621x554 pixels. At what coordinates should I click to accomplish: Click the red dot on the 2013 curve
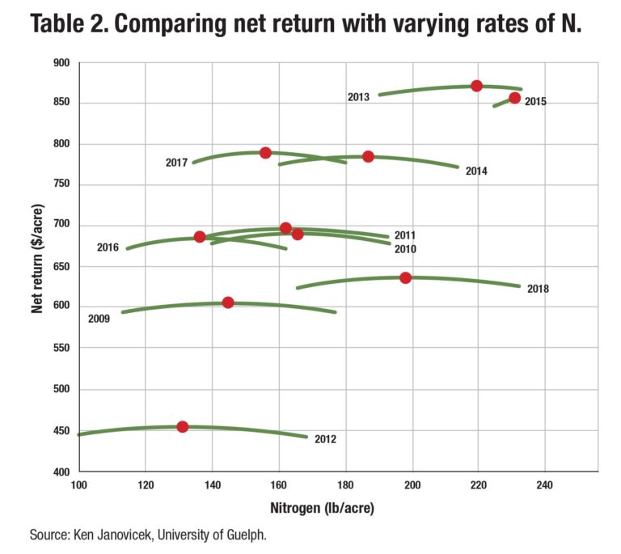click(477, 86)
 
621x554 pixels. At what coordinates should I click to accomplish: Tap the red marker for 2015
click(514, 98)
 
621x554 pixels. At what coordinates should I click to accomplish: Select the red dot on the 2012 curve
click(183, 426)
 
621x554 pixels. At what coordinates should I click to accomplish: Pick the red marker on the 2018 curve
click(406, 277)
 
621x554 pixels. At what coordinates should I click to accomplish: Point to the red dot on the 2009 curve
click(228, 302)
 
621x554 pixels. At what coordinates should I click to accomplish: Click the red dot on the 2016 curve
click(200, 237)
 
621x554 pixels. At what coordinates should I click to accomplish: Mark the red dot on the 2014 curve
click(368, 156)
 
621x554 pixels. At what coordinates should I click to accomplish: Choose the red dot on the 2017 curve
click(265, 153)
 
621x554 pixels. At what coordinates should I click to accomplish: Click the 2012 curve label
click(325, 440)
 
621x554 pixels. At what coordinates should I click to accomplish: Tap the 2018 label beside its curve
click(538, 289)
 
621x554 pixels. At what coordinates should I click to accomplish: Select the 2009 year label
click(99, 319)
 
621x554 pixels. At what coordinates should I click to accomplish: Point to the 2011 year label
click(405, 235)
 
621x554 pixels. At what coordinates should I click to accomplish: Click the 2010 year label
click(405, 249)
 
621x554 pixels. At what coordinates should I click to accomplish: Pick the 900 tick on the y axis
click(61, 62)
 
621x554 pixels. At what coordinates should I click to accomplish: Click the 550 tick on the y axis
click(61, 349)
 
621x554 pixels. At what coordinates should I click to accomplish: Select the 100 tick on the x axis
click(78, 485)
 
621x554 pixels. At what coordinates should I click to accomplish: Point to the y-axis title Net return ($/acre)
click(38, 267)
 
